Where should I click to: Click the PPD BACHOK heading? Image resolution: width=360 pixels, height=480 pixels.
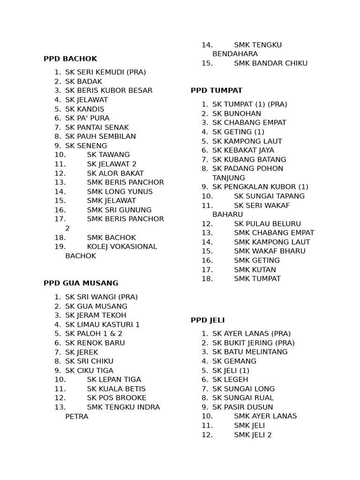pyautogui.click(x=70, y=59)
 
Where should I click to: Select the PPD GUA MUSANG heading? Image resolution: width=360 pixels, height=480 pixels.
pyautogui.click(x=81, y=283)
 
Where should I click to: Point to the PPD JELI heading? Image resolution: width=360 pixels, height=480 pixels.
pyautogui.click(x=208, y=320)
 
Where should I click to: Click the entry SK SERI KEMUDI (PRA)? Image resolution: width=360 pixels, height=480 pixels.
pyautogui.click(x=105, y=72)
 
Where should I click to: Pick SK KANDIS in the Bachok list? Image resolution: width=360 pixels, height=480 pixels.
pyautogui.click(x=85, y=109)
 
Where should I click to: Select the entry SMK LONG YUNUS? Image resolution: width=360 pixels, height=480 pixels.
pyautogui.click(x=120, y=191)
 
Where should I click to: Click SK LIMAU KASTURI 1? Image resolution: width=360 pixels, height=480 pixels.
pyautogui.click(x=103, y=324)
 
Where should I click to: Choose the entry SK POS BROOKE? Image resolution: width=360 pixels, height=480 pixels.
pyautogui.click(x=116, y=398)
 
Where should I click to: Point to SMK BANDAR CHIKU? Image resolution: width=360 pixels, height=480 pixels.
pyautogui.click(x=271, y=63)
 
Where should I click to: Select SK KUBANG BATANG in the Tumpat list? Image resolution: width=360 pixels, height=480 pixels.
pyautogui.click(x=249, y=159)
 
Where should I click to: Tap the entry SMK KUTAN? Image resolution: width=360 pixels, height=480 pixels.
pyautogui.click(x=255, y=270)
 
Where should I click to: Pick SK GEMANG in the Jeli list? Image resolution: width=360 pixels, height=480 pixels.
pyautogui.click(x=234, y=361)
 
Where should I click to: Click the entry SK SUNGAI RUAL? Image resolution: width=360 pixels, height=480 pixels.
pyautogui.click(x=243, y=398)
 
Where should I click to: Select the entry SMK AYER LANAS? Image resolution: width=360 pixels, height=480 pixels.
pyautogui.click(x=265, y=416)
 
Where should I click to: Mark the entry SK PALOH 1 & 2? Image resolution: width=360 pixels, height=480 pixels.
pyautogui.click(x=94, y=334)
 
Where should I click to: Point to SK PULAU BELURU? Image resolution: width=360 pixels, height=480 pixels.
pyautogui.click(x=267, y=224)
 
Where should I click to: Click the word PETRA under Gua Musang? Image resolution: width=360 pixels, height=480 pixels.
pyautogui.click(x=77, y=416)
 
